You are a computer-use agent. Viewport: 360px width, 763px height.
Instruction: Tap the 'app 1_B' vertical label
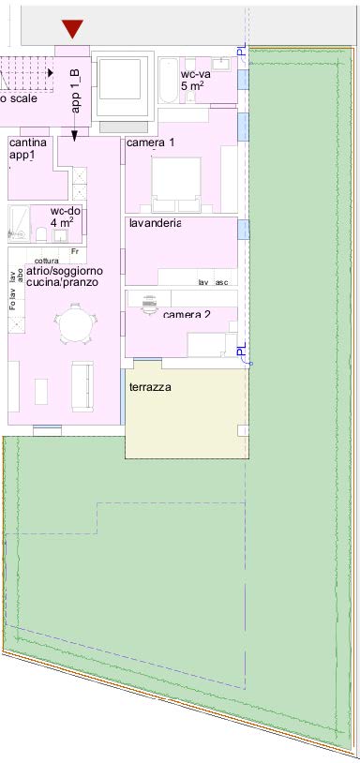click(x=76, y=89)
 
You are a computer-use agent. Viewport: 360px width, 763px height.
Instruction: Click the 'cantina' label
click(x=28, y=142)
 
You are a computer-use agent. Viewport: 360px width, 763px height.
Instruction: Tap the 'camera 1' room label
click(x=151, y=142)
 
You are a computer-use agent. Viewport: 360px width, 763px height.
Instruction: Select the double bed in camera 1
click(x=176, y=184)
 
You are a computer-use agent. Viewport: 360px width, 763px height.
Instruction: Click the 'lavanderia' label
click(x=155, y=223)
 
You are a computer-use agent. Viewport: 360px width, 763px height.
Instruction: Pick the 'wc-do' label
click(x=66, y=212)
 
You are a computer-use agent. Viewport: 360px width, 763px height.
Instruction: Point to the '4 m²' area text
click(x=64, y=224)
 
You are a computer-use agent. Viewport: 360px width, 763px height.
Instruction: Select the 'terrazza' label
click(x=151, y=385)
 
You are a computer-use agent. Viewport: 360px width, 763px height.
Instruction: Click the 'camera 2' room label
click(x=187, y=315)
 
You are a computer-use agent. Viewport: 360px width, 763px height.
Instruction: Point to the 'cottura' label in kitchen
click(x=46, y=261)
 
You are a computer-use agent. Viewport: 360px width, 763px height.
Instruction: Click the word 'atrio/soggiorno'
click(x=65, y=271)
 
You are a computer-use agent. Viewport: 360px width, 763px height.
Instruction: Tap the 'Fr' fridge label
click(x=74, y=252)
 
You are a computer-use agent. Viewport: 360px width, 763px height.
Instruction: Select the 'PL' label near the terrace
click(x=241, y=352)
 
